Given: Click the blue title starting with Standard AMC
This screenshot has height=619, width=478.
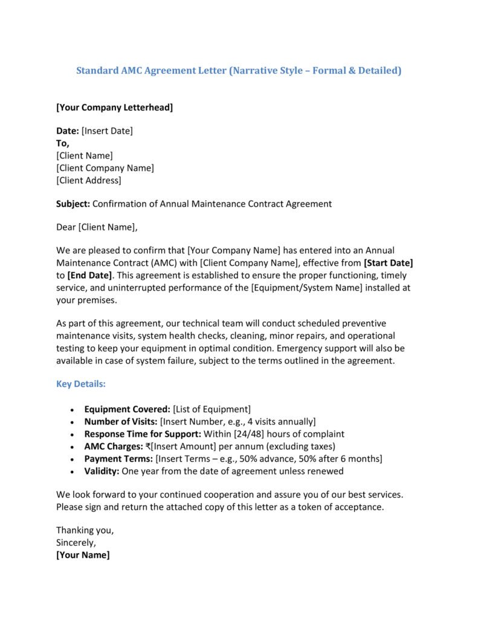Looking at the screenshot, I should pyautogui.click(x=239, y=71).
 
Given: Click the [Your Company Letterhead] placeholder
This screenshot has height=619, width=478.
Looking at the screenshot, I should pyautogui.click(x=114, y=108).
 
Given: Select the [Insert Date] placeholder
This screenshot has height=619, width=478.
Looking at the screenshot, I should pyautogui.click(x=107, y=131).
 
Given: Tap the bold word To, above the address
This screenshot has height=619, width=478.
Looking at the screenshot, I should pyautogui.click(x=63, y=143).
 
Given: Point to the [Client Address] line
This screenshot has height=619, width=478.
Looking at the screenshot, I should pyautogui.click(x=89, y=180).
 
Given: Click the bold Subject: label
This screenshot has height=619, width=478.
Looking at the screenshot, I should pyautogui.click(x=73, y=204).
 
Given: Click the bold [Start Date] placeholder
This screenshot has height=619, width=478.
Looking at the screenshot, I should pyautogui.click(x=388, y=263).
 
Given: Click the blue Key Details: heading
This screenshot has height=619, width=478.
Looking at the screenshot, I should pyautogui.click(x=81, y=384).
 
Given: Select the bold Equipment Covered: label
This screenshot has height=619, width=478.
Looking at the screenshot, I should pyautogui.click(x=127, y=409).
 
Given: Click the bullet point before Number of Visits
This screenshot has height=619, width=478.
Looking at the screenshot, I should pyautogui.click(x=73, y=422).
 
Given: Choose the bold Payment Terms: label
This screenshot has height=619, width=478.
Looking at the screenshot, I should pyautogui.click(x=118, y=459).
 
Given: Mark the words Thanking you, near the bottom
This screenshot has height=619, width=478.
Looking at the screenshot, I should pyautogui.click(x=85, y=530).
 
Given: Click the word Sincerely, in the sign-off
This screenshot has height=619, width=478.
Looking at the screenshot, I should pyautogui.click(x=76, y=542).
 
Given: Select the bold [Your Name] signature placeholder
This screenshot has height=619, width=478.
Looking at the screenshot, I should pyautogui.click(x=83, y=555).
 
